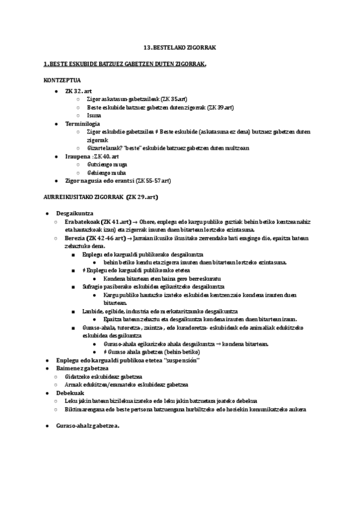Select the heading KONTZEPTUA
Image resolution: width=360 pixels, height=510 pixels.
tap(62, 80)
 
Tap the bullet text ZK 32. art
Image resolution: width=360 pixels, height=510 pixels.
tap(78, 90)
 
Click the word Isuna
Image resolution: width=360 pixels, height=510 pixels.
tap(94, 115)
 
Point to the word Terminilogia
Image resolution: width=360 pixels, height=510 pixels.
tap(83, 123)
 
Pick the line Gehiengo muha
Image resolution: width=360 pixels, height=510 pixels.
tap(106, 173)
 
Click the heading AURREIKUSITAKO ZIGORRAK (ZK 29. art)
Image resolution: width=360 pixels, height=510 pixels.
tap(101, 197)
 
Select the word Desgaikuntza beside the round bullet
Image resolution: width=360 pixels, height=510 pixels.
tap(74, 214)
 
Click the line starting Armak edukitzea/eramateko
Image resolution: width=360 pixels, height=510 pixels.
tap(127, 384)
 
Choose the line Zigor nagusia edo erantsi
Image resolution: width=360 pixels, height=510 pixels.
tap(118, 180)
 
